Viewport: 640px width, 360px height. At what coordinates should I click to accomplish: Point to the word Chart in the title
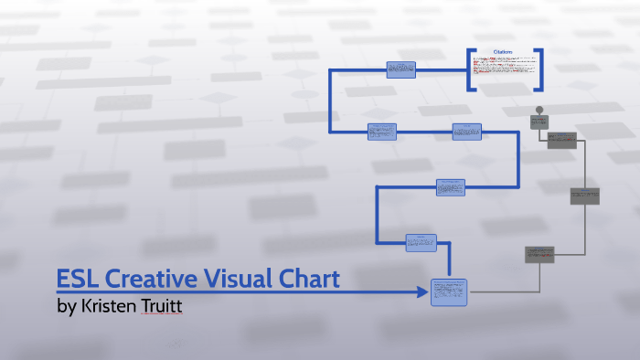point(309,279)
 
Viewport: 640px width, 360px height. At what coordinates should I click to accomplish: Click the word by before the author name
point(66,306)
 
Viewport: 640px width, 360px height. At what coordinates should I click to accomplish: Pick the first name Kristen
point(113,306)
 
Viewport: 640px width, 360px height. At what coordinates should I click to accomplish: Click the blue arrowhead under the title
point(422,292)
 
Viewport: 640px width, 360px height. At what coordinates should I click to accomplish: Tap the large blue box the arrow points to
point(449,291)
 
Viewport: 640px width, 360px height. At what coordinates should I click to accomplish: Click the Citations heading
point(503,52)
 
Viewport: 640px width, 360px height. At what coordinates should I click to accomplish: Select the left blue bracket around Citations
point(470,69)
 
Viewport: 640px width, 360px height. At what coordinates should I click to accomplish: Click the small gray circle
point(539,110)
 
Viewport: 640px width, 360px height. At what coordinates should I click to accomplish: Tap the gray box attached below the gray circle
point(539,122)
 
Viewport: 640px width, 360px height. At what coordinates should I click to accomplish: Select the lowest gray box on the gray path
point(539,254)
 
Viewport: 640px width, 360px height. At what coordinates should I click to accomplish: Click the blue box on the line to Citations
point(400,69)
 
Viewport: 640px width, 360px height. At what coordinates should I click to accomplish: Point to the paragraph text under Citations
point(503,69)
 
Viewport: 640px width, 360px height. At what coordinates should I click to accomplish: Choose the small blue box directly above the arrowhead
point(421,242)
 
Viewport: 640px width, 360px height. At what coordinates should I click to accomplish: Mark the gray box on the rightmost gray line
point(584,196)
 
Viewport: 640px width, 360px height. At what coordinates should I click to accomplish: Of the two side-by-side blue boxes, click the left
point(382,132)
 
